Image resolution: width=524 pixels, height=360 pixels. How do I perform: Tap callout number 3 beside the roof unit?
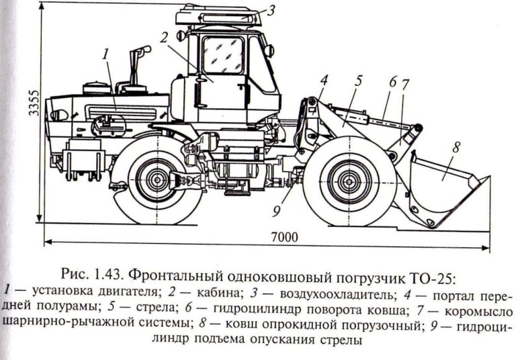click(x=271, y=10)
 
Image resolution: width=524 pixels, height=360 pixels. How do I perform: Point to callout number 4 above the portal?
click(x=324, y=80)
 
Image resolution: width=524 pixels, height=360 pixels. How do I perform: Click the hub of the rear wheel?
click(x=157, y=180)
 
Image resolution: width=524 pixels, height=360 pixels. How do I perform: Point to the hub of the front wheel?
click(x=347, y=180)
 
